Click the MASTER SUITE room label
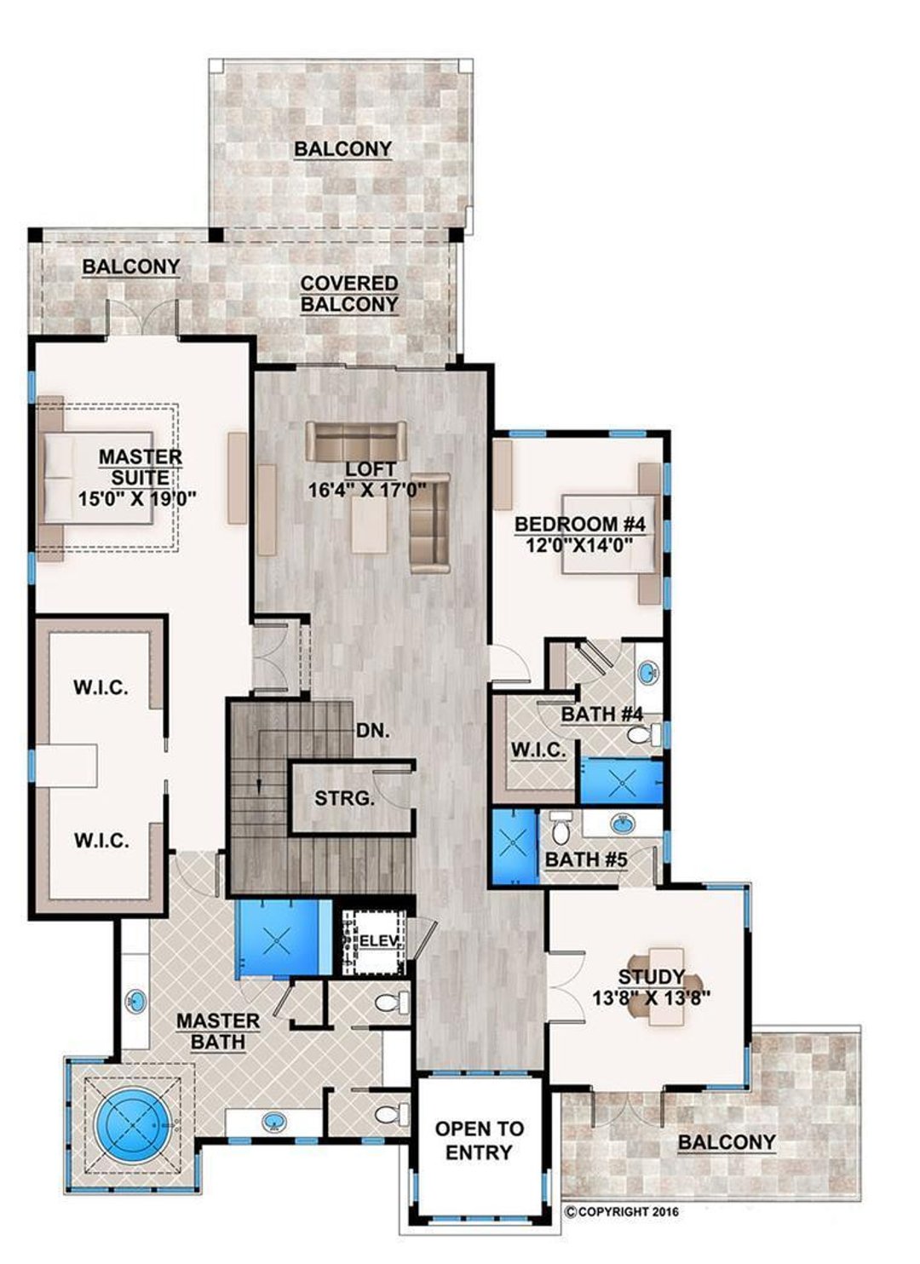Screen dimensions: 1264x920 141,467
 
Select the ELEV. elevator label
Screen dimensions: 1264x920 375,940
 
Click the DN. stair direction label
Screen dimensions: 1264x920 373,730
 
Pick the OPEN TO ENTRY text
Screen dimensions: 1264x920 480,1140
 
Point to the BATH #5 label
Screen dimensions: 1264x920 586,859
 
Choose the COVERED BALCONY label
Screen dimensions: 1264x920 348,293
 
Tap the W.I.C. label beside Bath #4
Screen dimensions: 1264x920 538,750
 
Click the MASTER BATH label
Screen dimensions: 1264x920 218,1031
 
